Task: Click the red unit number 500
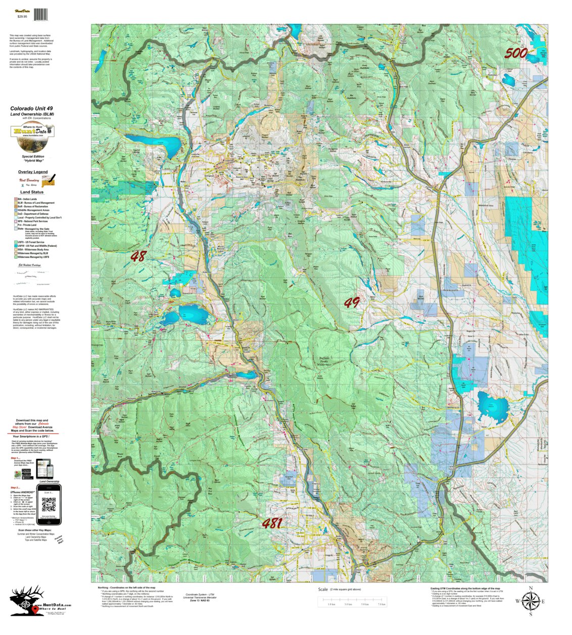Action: tap(516, 53)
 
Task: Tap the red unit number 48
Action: tap(137, 256)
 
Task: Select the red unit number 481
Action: tap(272, 523)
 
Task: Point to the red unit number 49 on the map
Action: tap(352, 303)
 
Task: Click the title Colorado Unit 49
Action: tap(31, 109)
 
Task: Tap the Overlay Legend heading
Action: tap(33, 172)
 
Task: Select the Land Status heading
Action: tap(32, 192)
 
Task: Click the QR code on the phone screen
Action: tap(49, 504)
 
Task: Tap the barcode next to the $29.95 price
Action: tap(41, 15)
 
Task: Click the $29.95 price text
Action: tap(22, 17)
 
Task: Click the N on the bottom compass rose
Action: tap(531, 588)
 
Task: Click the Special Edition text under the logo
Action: tap(32, 156)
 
